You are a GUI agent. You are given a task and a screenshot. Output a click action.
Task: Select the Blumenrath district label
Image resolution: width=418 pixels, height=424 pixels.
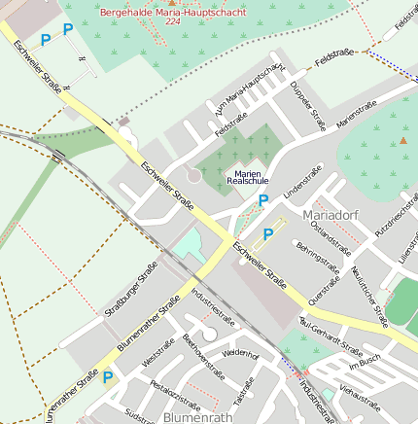[198, 415]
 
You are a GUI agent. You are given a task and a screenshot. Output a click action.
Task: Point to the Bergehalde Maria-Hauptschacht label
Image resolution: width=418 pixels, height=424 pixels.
[171, 10]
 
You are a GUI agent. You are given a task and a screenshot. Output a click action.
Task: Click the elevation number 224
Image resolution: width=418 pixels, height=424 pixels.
[172, 20]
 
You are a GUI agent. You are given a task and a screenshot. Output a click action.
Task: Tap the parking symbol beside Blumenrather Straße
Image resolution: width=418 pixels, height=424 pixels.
[108, 377]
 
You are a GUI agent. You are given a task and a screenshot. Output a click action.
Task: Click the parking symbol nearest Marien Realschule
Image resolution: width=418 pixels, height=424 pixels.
[262, 200]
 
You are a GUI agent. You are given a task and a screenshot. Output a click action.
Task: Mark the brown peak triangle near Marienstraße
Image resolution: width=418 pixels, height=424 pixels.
[403, 140]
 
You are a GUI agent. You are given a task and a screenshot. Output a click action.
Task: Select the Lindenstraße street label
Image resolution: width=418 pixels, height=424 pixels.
[302, 187]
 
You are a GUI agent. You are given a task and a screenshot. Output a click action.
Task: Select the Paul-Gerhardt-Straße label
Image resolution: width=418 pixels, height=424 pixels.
[331, 338]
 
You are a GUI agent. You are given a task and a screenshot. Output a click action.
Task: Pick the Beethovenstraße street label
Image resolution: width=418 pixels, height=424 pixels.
[203, 356]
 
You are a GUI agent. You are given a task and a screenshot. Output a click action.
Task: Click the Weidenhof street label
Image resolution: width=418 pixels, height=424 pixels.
[240, 354]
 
